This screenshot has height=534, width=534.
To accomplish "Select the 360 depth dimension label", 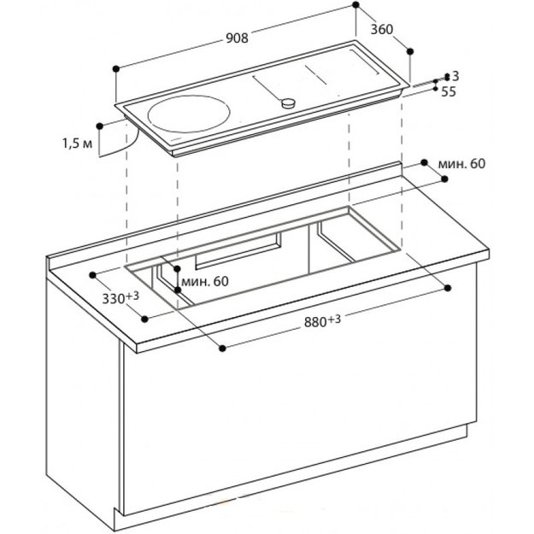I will point(381,29).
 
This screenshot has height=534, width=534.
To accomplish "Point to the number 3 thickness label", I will point(456,77).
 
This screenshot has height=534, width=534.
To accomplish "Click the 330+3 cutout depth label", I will point(121,298).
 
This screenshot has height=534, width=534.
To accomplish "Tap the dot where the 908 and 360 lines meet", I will point(355,6).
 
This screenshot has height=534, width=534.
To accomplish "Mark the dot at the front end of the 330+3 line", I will point(146,318).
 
